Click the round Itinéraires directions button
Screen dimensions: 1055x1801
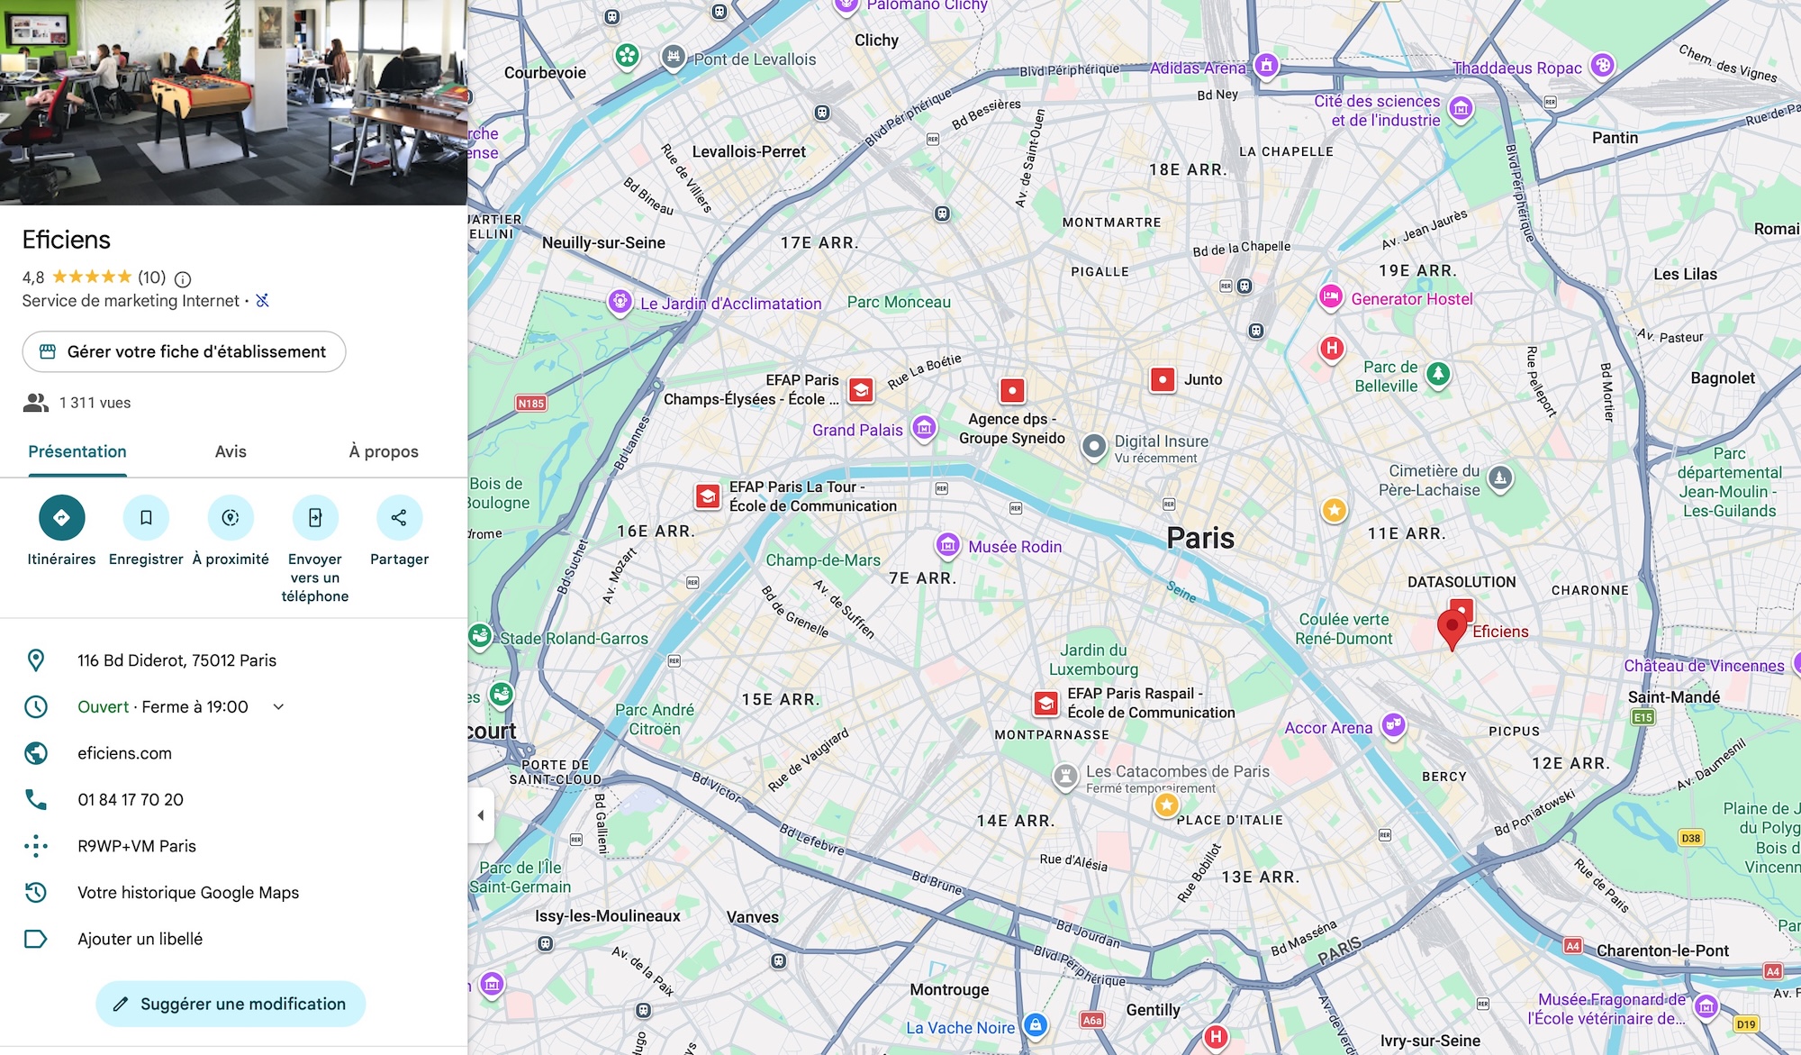coord(61,517)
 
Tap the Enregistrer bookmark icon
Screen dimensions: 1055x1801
coord(146,517)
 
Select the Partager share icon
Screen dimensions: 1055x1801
coord(399,517)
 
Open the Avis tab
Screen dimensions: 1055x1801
coord(231,451)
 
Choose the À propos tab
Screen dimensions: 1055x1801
coord(384,451)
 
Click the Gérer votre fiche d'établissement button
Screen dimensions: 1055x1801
coord(184,351)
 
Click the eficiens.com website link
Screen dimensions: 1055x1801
coord(124,753)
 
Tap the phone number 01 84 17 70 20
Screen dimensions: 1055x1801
coord(131,799)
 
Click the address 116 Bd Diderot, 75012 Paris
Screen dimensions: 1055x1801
coord(176,660)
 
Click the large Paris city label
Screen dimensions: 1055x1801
coord(1200,538)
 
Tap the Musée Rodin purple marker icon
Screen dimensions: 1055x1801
coord(947,545)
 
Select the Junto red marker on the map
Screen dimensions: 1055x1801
coord(1163,379)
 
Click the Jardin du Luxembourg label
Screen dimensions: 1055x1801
coord(1093,659)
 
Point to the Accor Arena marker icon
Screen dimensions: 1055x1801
coord(1394,725)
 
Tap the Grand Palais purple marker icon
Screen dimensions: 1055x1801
coord(924,428)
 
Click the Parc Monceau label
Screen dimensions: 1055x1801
coord(899,303)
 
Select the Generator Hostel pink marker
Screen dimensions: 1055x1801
coord(1331,296)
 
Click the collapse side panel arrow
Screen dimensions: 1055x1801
coord(481,815)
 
